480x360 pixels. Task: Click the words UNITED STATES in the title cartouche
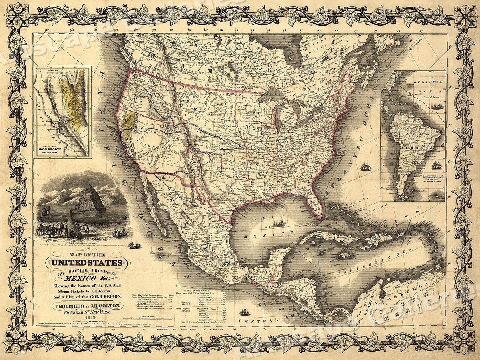pyautogui.click(x=86, y=263)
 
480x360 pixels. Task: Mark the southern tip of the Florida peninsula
pyautogui.click(x=320, y=218)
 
